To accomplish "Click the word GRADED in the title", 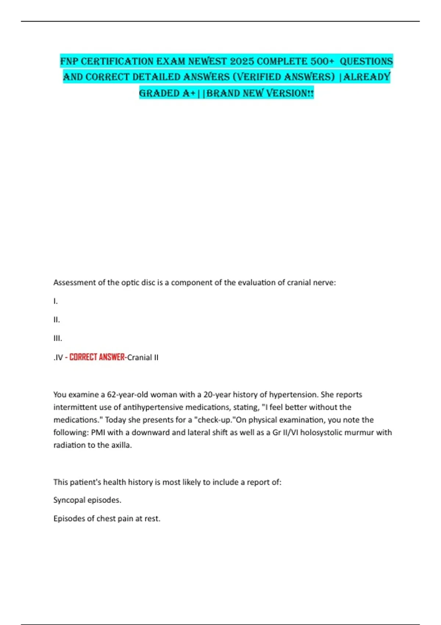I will (x=160, y=93).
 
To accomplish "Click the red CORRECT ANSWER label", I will (x=97, y=357).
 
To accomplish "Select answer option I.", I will (x=55, y=301).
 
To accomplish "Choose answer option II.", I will (x=57, y=320).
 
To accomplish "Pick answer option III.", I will (x=58, y=338).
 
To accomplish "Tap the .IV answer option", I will (x=58, y=357).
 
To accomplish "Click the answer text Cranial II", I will (x=143, y=357).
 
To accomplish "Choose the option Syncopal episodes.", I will (x=87, y=500).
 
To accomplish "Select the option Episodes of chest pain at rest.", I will (x=107, y=519).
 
